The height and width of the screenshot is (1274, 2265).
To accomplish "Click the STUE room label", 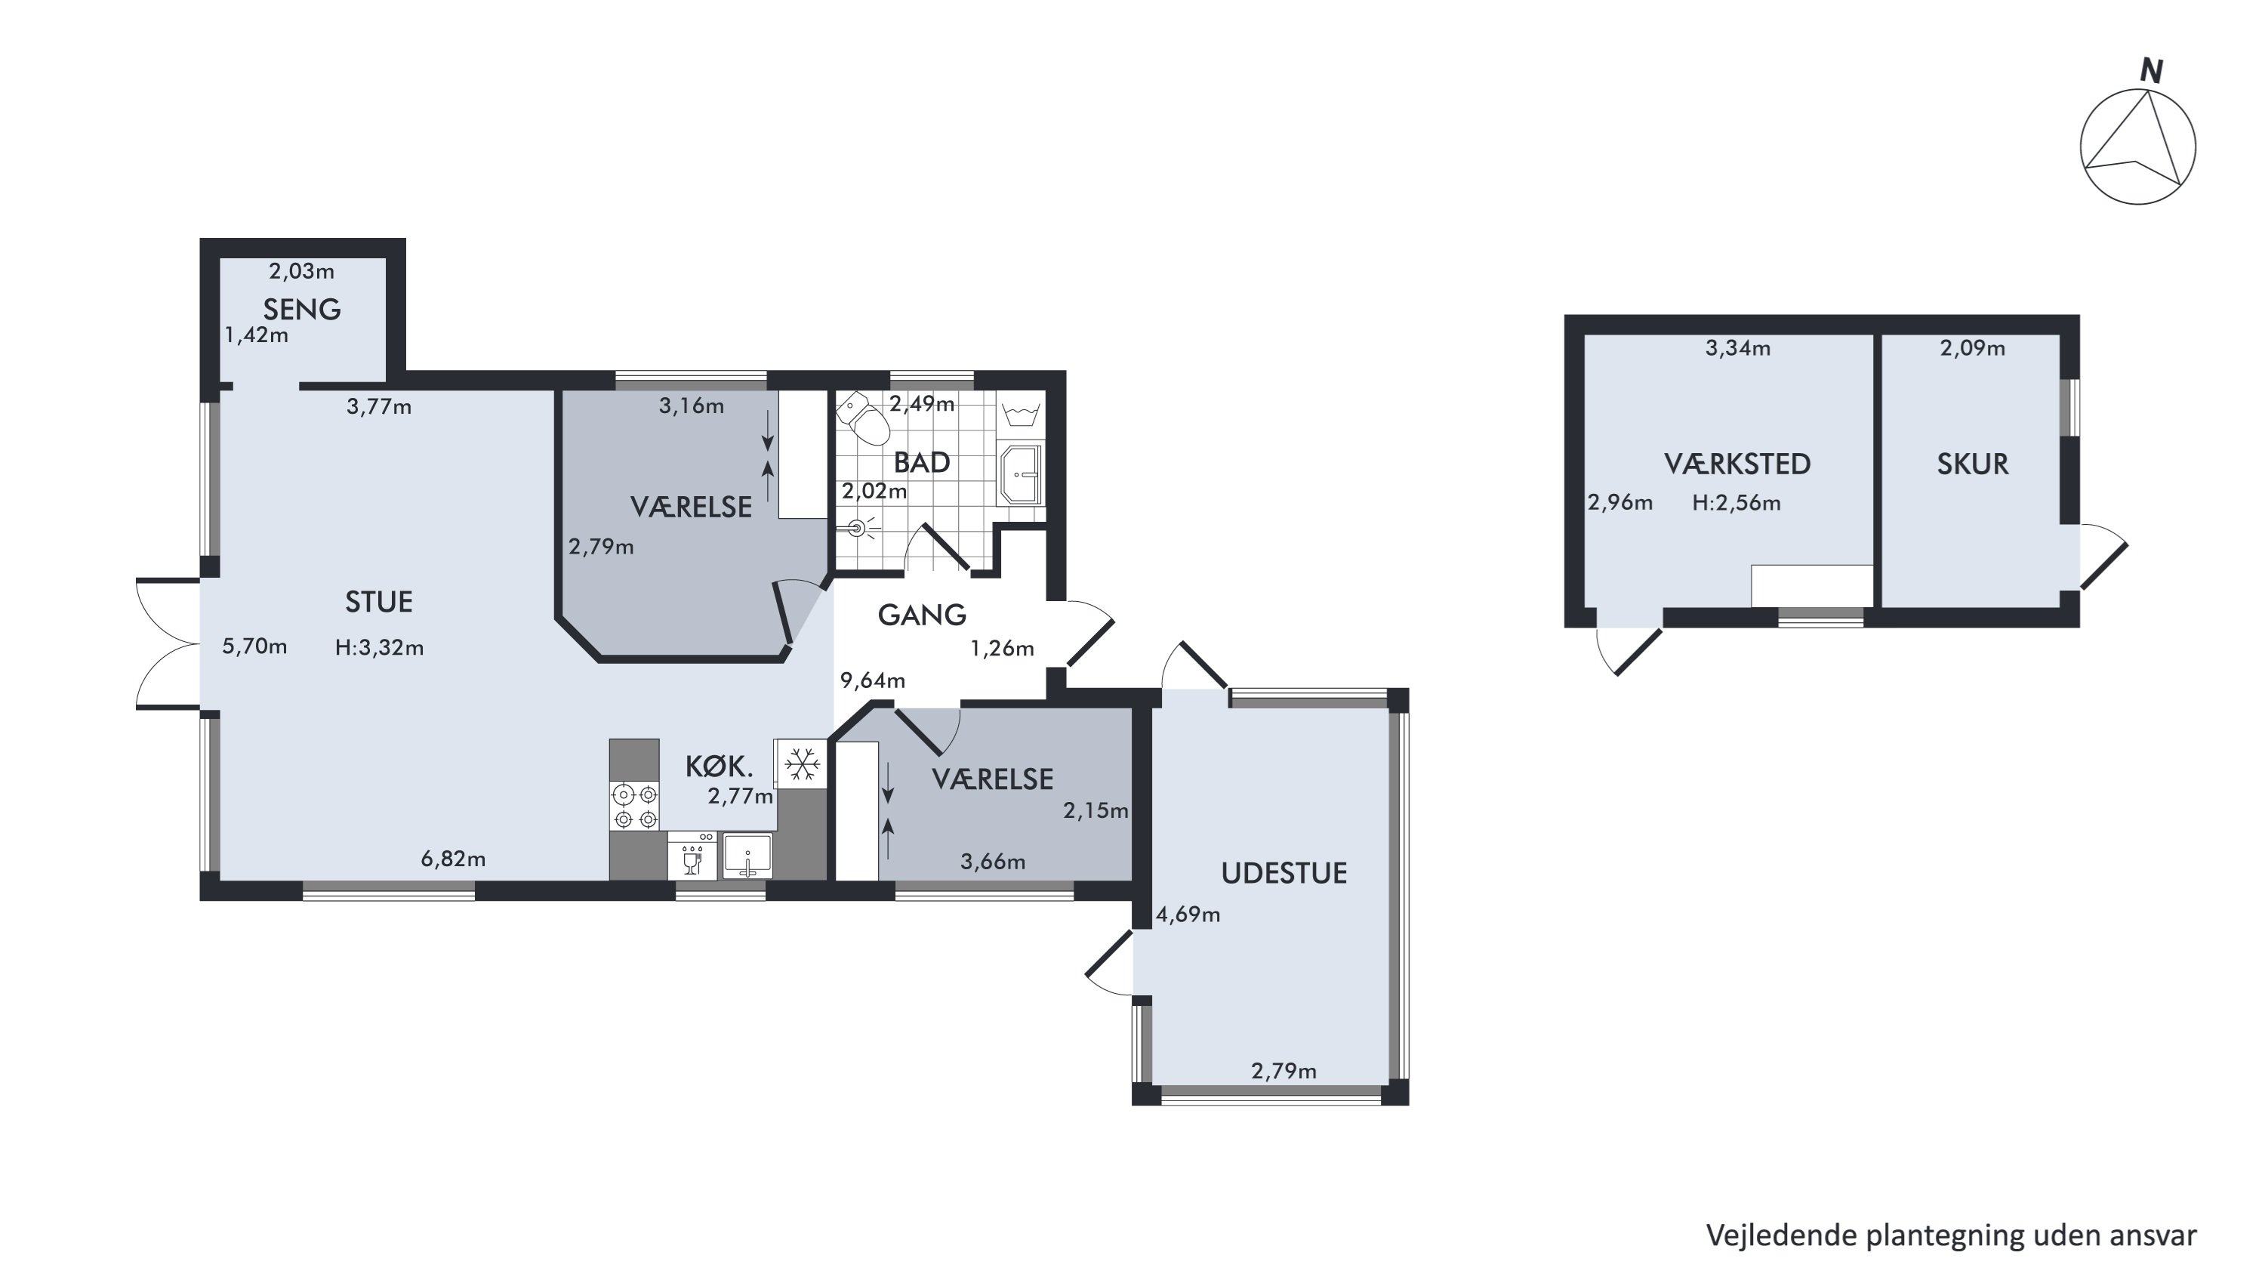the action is click(x=379, y=603).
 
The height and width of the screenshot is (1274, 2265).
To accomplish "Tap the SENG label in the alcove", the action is click(x=301, y=310).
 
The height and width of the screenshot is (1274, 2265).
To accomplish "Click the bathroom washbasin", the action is click(x=1020, y=475).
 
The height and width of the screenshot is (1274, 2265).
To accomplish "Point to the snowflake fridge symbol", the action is click(x=801, y=763).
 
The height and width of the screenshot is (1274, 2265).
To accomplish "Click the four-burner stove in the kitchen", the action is click(x=635, y=807).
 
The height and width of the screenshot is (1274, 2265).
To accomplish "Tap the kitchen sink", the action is click(x=747, y=856).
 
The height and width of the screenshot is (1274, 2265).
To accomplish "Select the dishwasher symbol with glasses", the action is click(x=692, y=856).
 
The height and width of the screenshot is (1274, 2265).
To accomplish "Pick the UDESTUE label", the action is click(x=1283, y=873).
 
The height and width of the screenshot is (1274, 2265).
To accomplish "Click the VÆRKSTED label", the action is click(x=1737, y=464).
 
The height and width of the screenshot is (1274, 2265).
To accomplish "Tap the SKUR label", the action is click(x=1972, y=464).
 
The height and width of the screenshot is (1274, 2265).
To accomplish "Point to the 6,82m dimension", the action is click(x=453, y=859).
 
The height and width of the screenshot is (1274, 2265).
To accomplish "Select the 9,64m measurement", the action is click(x=872, y=680).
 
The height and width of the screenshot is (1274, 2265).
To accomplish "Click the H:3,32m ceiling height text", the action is click(x=379, y=648).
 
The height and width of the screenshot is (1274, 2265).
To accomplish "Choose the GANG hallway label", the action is click(x=921, y=615).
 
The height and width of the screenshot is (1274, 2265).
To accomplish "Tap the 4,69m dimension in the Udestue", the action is click(x=1188, y=915).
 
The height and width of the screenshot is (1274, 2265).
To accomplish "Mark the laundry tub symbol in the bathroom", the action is click(x=1021, y=413).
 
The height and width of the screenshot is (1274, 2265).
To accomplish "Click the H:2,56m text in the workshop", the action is click(x=1736, y=503).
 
